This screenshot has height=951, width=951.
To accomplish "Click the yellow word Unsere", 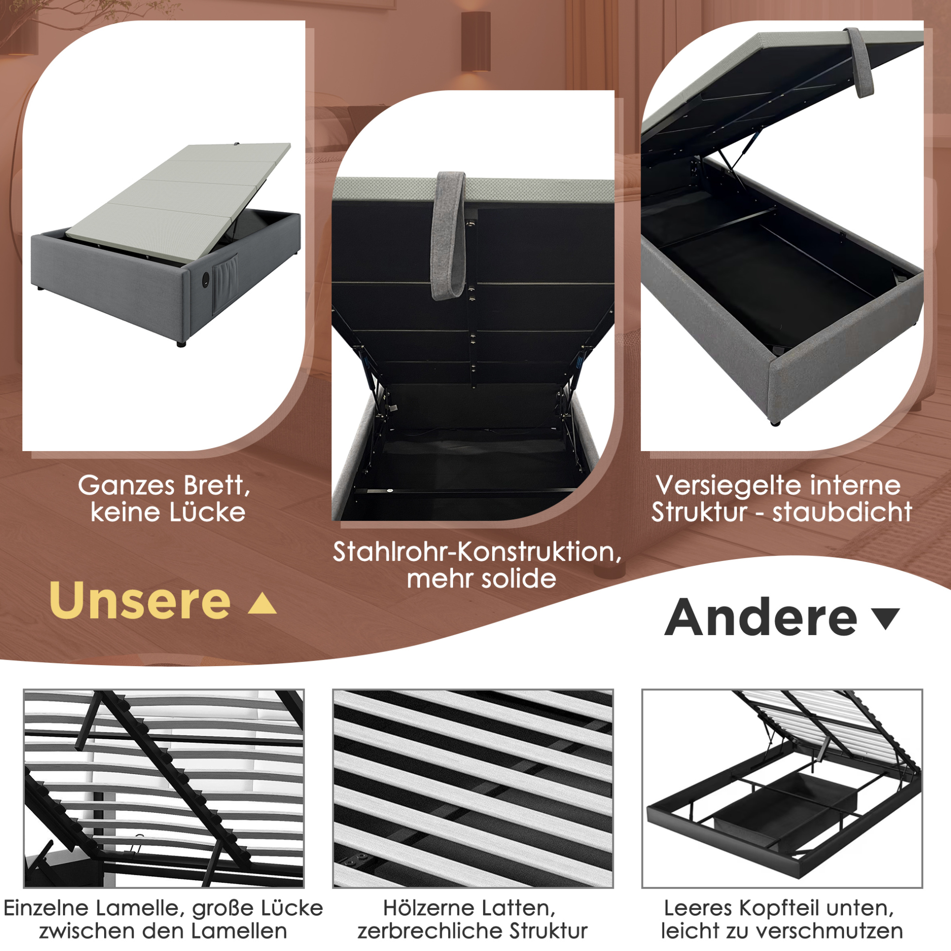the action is (140, 601).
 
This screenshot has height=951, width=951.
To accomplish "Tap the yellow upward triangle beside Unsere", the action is (263, 604).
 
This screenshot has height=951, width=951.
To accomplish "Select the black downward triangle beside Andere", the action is (886, 618).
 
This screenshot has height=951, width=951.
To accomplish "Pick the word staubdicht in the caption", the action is (842, 513).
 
